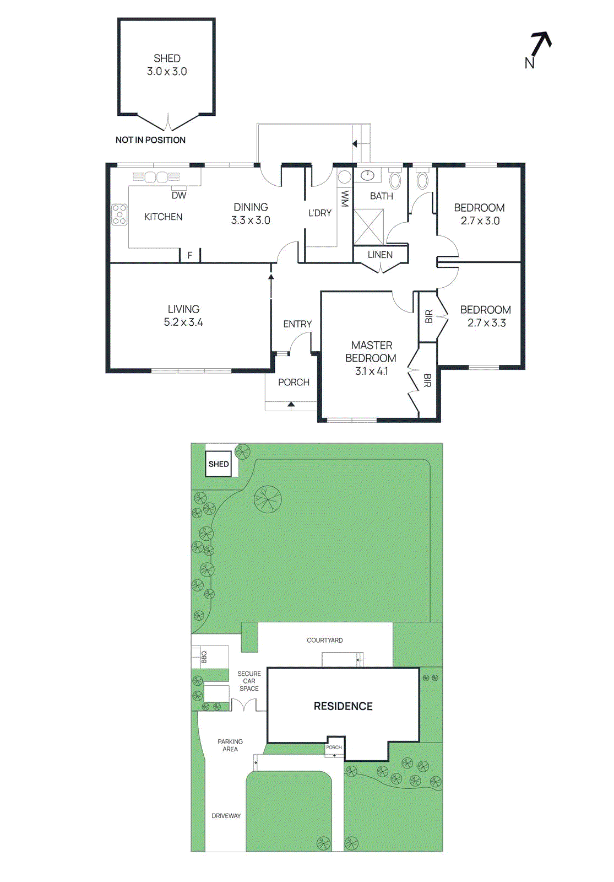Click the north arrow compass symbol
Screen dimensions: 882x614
coord(538,48)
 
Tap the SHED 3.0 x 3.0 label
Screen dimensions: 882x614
coord(167,65)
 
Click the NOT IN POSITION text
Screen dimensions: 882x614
coord(150,140)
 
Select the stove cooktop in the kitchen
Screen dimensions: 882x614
coord(119,214)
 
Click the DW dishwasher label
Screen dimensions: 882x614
coord(179,195)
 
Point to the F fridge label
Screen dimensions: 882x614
coord(190,255)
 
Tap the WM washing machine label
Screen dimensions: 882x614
coord(345,198)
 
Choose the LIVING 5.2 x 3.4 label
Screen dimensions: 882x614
coord(183,316)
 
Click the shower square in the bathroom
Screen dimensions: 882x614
coord(368,226)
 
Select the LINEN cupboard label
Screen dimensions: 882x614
coord(380,255)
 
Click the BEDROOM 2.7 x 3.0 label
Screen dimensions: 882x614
coord(479,214)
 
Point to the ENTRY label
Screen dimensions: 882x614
coord(297,324)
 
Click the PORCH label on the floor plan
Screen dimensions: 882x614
coord(294,382)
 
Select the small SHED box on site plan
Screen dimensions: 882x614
coord(219,464)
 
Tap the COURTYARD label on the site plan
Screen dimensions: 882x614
coord(325,641)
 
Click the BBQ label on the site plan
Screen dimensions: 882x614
coord(204,657)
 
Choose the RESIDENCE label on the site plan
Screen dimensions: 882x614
coord(343,706)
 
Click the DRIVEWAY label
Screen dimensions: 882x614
coord(226,816)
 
